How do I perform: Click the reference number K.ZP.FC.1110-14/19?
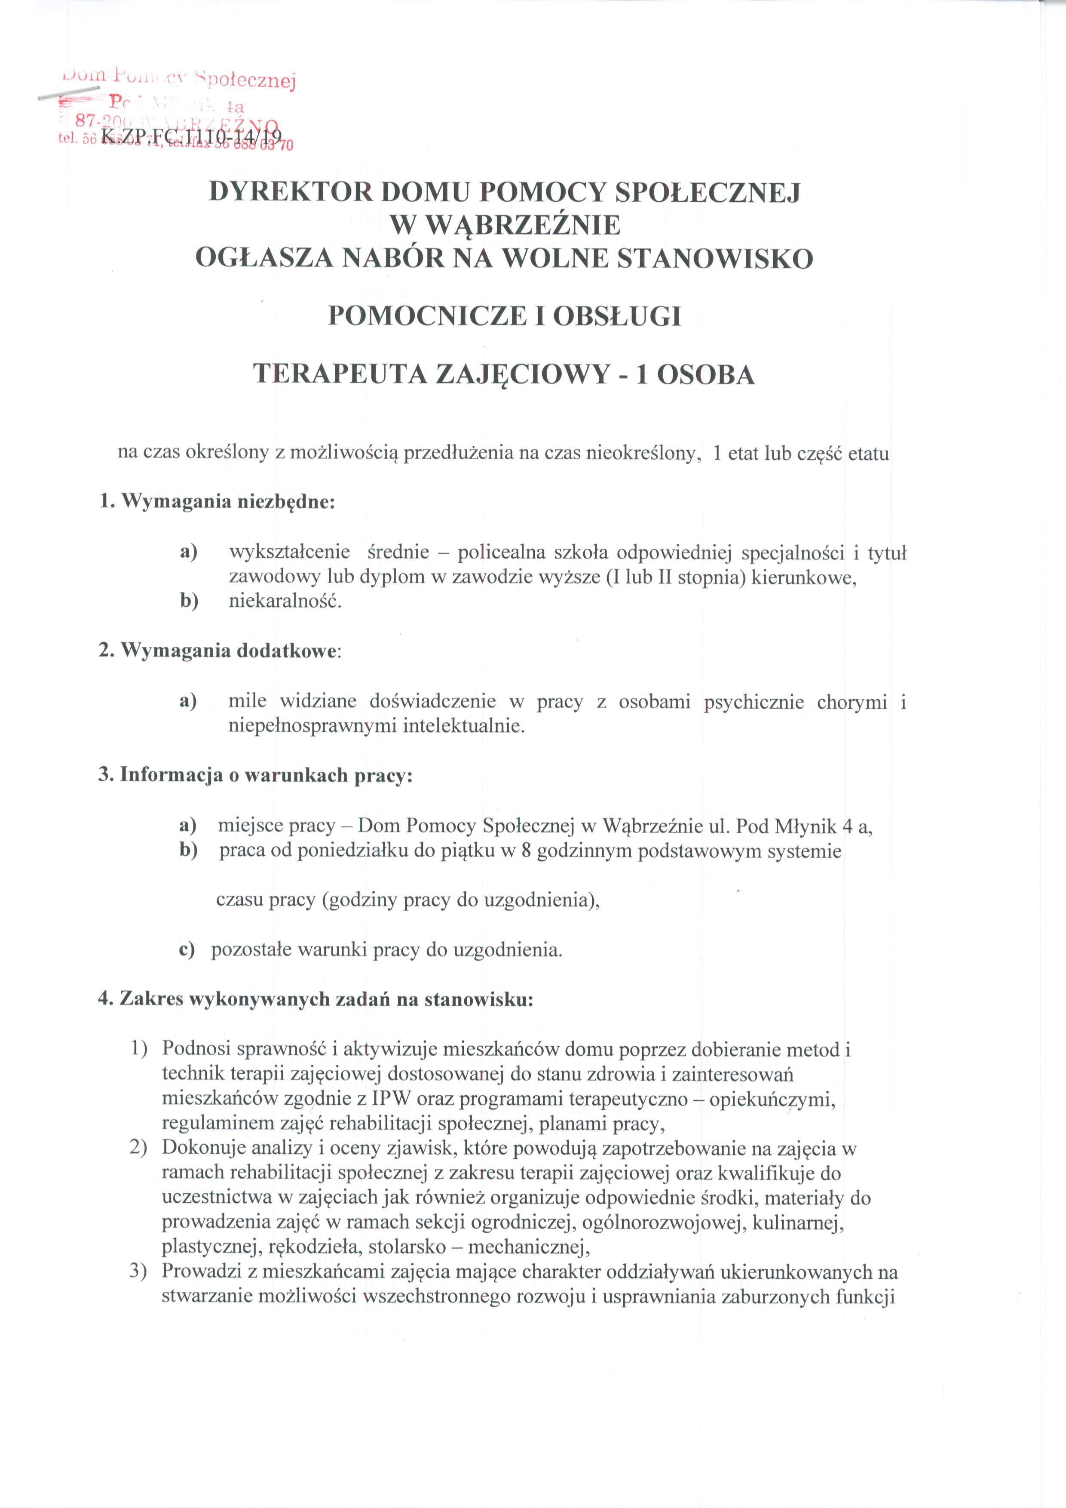point(191,137)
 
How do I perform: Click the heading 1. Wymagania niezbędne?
point(217,502)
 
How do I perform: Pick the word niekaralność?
point(285,601)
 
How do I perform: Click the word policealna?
point(500,553)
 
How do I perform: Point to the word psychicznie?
point(754,702)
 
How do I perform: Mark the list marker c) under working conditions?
point(187,950)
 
